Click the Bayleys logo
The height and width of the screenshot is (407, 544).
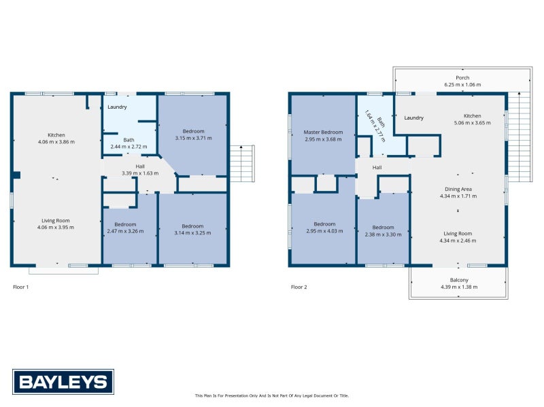coord(63,381)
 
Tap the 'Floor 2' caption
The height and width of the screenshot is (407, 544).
coord(299,287)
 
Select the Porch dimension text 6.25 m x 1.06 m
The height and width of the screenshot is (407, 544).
coord(462,85)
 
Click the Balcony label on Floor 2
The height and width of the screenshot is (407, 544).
coord(459,280)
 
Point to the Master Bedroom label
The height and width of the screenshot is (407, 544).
coord(323,132)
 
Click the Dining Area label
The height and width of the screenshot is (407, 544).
coord(458,189)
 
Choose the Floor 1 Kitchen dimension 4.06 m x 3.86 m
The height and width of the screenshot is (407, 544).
coord(56,141)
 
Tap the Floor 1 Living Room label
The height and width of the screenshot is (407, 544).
coord(56,219)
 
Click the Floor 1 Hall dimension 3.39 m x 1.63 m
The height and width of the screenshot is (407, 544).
coord(139,173)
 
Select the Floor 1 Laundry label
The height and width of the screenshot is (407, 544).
coord(117,107)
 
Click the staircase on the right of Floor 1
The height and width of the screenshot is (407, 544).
coord(241,163)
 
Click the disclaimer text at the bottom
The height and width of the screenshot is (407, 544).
coord(271,395)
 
